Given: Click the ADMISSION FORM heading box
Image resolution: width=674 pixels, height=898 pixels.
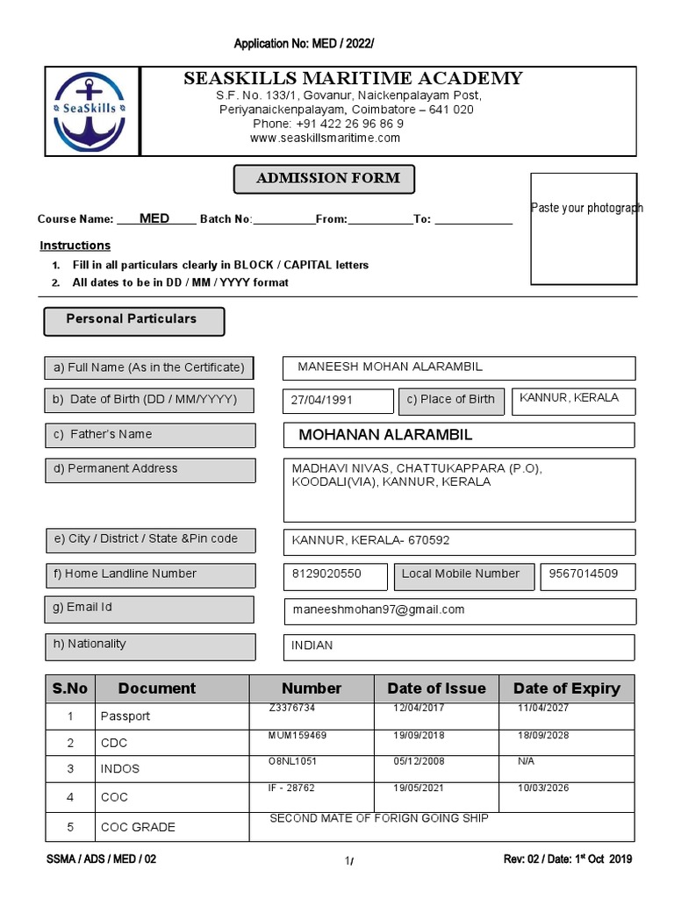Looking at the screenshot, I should coord(324,179).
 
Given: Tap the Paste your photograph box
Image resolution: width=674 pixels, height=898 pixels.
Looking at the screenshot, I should coord(586,229).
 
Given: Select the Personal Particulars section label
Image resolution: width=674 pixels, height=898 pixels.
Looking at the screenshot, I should coord(133,321).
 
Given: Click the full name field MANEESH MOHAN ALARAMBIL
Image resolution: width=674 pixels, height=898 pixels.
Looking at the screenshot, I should coord(390,367).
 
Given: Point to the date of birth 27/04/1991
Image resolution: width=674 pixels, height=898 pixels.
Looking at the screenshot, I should coord(322,400).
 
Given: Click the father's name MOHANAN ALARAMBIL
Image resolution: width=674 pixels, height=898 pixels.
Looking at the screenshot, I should coord(385,435).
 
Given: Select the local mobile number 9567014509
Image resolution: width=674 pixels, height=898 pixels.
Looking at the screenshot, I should coord(583,574).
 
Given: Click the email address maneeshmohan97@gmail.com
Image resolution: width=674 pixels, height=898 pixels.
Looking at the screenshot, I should coord(378,609).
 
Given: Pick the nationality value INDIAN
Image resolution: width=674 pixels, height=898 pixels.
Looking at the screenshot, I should coord(312,645).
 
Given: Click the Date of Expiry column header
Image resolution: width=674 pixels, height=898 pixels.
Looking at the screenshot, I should coord(566,688).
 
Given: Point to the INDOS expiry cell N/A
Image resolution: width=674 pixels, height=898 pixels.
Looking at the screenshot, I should coord(526,761).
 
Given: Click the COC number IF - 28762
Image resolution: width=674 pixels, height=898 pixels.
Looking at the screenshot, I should coord(291,788).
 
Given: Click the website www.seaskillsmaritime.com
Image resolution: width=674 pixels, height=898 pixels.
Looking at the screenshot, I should coord(325,138).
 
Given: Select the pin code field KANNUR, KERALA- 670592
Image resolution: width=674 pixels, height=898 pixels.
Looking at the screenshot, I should coord(370,541).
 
